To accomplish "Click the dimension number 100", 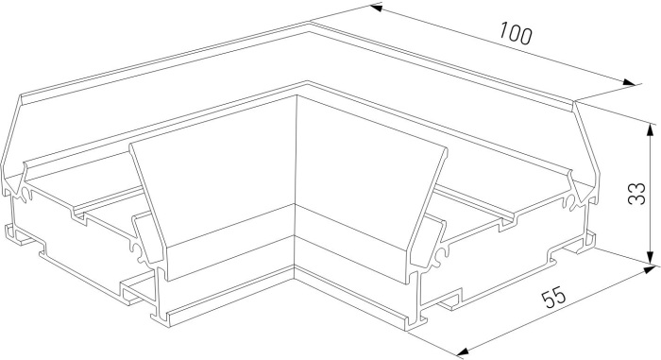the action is click(x=516, y=33).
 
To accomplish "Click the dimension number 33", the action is click(x=636, y=194).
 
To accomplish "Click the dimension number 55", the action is click(x=553, y=297).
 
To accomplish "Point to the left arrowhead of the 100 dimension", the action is click(x=376, y=8).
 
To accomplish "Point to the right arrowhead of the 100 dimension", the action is click(x=629, y=82).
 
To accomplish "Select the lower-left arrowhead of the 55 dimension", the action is click(x=464, y=351).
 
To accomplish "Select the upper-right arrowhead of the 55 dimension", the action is click(x=649, y=269).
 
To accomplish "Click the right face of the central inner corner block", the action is click(x=366, y=186).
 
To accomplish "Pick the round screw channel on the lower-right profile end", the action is click(x=441, y=254).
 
